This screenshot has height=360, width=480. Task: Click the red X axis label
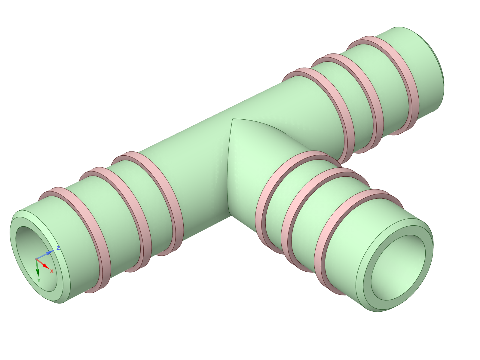[x=52, y=271]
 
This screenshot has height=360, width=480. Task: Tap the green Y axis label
[x=39, y=280]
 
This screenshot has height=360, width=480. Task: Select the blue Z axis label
[x=58, y=248]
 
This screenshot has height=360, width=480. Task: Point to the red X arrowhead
[x=46, y=266]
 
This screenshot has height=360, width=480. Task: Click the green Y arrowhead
[x=38, y=273]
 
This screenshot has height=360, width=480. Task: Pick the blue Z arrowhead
[x=50, y=252]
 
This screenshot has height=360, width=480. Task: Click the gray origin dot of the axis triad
[x=36, y=259]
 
